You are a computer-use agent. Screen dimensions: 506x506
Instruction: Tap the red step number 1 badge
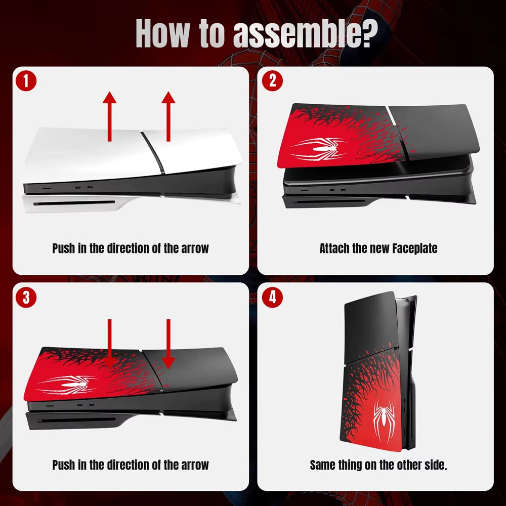pyautogui.click(x=25, y=81)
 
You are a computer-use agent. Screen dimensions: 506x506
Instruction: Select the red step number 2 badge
pyautogui.click(x=272, y=81)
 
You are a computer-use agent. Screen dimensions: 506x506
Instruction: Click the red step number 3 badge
pyautogui.click(x=25, y=298)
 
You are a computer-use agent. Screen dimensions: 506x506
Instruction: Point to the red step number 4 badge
pyautogui.click(x=272, y=298)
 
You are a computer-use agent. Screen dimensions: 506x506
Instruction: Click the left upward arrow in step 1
pyautogui.click(x=109, y=116)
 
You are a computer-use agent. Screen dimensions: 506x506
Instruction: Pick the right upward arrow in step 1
pyautogui.click(x=168, y=116)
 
